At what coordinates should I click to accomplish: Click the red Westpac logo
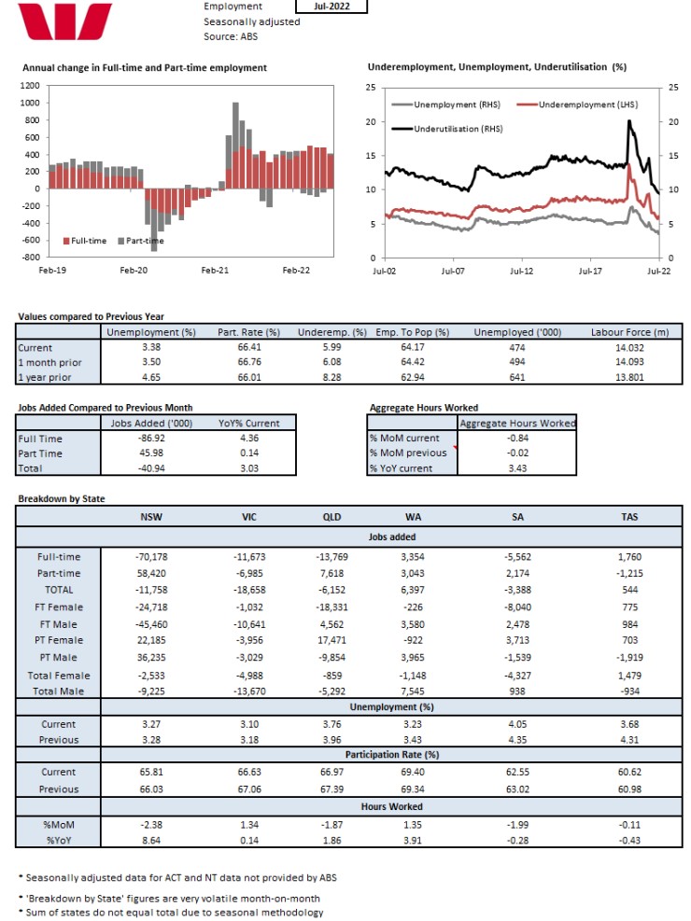[x=64, y=21]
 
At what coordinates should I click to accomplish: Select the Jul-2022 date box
[x=331, y=7]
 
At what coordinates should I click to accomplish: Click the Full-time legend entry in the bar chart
[x=85, y=241]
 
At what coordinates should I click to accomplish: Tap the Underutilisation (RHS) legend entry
[x=447, y=129]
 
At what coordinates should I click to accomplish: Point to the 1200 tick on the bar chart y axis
[x=30, y=86]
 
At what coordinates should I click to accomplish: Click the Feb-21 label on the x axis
[x=215, y=271]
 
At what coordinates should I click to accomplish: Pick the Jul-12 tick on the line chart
[x=521, y=271]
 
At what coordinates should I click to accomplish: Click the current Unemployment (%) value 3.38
[x=151, y=347]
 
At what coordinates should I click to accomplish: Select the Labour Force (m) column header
[x=630, y=332]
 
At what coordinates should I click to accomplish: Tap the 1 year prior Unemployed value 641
[x=517, y=377]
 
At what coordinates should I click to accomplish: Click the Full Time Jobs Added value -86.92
[x=151, y=439]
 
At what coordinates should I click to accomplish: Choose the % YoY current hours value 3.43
[x=517, y=468]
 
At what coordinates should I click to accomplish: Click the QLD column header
[x=332, y=517]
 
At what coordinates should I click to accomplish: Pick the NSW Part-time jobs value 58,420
[x=151, y=573]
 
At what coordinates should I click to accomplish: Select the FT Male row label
[x=58, y=624]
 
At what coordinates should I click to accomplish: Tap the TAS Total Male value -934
[x=630, y=691]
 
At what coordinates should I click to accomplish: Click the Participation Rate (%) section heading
[x=392, y=755]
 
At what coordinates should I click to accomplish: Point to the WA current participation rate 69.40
[x=413, y=772]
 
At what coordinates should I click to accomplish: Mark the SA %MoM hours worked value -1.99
[x=517, y=825]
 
